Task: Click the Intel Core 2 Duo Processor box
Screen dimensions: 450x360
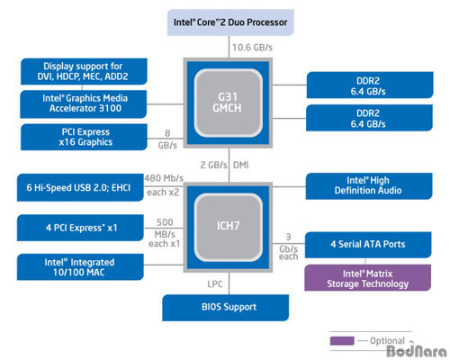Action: pos(230,22)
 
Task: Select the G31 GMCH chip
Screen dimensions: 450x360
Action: pos(228,103)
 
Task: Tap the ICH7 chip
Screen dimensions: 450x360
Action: pos(228,227)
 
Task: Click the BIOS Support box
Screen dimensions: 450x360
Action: pos(226,308)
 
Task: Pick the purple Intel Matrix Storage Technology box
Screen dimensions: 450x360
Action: pos(368,278)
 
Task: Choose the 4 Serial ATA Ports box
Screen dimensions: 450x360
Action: pos(368,245)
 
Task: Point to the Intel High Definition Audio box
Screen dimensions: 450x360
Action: pos(369,186)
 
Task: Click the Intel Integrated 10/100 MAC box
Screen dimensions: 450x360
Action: pos(80,267)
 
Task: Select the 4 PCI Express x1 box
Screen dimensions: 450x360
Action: pos(80,228)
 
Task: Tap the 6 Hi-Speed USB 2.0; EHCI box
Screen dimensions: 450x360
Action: pos(80,187)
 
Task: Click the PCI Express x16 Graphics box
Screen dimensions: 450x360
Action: pos(84,137)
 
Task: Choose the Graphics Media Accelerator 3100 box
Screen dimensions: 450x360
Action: pos(84,104)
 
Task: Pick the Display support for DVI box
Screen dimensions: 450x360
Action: pos(84,71)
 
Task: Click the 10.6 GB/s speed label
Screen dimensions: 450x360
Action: pos(252,48)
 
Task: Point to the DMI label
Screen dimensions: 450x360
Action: pos(241,165)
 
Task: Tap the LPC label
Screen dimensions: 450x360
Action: pos(215,283)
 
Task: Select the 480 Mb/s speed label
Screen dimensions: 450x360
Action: pos(164,178)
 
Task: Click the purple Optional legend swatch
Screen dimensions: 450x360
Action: pos(342,341)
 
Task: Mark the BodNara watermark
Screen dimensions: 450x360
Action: pos(417,351)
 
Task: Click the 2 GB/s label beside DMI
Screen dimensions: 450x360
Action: pos(213,165)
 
